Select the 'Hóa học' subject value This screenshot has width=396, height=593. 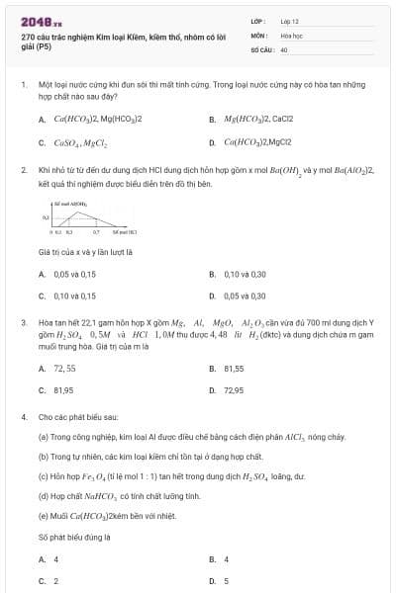click(289, 34)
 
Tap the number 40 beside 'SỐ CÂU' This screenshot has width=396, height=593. click(284, 47)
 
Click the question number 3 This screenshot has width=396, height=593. click(23, 322)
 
